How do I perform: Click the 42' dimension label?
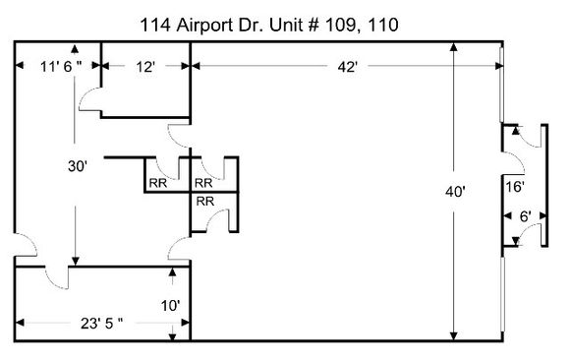click(x=347, y=67)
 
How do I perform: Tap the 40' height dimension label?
click(x=455, y=191)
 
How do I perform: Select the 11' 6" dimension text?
click(x=61, y=67)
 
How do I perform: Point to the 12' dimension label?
click(x=145, y=67)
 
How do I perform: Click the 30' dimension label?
click(x=78, y=166)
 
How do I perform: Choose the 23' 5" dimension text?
click(x=101, y=323)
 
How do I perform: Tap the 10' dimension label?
click(x=170, y=306)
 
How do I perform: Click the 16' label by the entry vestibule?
click(x=515, y=187)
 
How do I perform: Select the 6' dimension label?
click(x=525, y=216)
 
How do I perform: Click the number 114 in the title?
click(x=155, y=26)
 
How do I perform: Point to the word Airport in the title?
click(x=205, y=26)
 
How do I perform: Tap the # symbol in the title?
click(x=313, y=26)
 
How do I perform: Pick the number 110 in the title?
click(x=383, y=26)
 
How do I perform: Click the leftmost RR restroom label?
click(x=158, y=183)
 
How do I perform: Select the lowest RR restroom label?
click(x=205, y=201)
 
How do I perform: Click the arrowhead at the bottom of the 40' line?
click(x=454, y=336)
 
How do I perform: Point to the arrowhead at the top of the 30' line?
click(x=75, y=49)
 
